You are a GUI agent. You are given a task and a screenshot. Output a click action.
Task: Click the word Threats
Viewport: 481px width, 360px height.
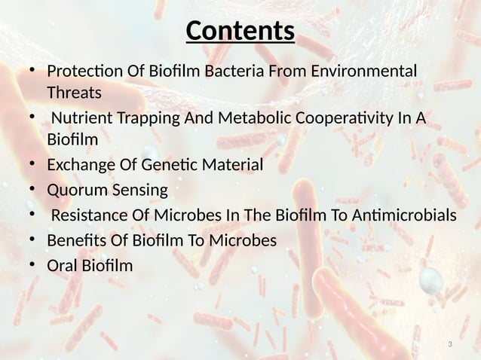click(x=73, y=94)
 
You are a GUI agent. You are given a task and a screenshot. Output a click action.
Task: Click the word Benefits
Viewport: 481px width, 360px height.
click(x=76, y=240)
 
